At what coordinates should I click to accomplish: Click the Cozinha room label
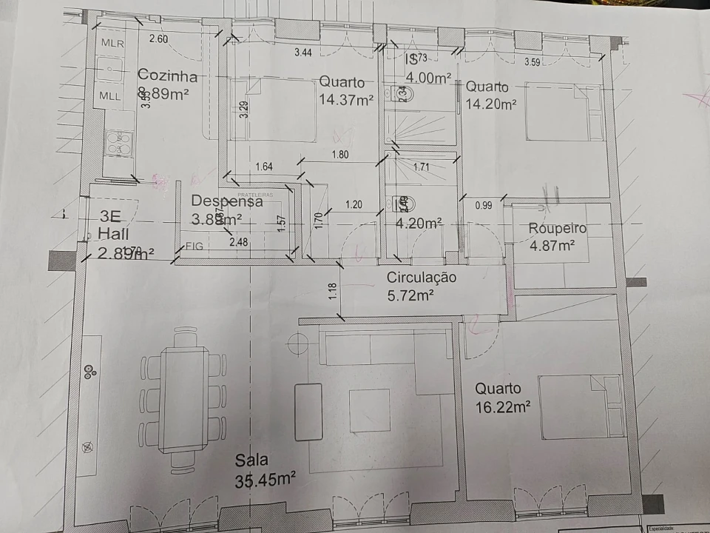tap(168, 76)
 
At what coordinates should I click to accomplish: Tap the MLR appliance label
tap(112, 43)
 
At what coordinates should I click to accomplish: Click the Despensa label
tap(227, 201)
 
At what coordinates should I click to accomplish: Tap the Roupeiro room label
tap(557, 229)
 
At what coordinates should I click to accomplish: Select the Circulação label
tap(422, 278)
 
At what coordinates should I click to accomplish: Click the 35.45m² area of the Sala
tap(266, 480)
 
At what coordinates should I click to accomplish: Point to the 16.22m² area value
tap(503, 406)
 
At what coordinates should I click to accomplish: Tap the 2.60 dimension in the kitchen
tap(158, 38)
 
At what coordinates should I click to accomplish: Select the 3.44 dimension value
tap(303, 53)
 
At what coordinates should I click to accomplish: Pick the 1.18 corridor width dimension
tap(334, 291)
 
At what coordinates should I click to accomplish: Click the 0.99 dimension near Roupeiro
tap(484, 205)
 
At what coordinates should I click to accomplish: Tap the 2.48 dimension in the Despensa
tap(238, 242)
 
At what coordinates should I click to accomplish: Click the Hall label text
tap(112, 235)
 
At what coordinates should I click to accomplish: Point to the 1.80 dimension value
tap(341, 155)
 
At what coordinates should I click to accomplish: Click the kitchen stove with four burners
tap(117, 142)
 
